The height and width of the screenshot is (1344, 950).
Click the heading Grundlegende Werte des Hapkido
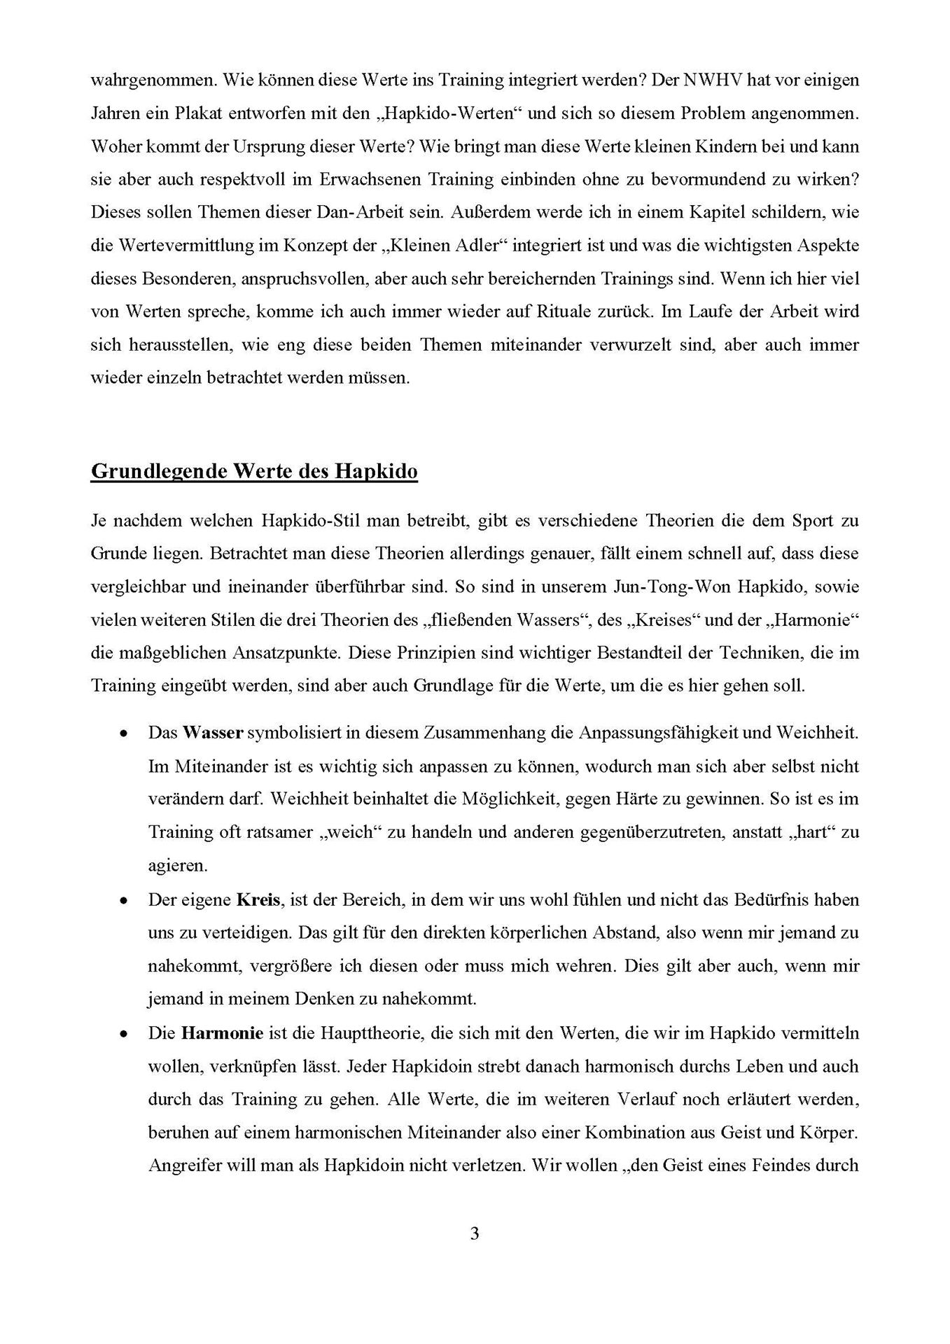click(254, 471)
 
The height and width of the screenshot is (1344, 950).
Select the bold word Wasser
click(213, 733)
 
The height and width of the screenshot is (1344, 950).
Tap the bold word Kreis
click(259, 899)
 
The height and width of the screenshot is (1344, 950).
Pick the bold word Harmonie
click(222, 1033)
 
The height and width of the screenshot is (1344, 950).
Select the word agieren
click(178, 866)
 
